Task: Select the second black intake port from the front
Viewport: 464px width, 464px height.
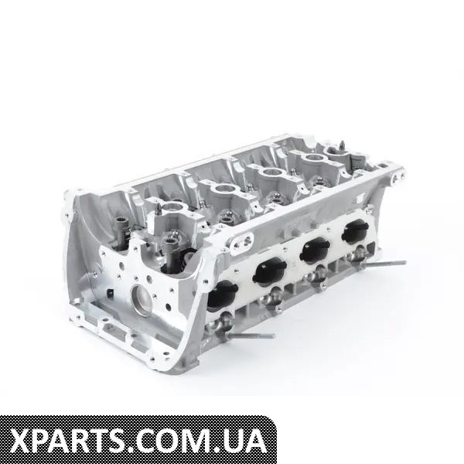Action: pos(270,270)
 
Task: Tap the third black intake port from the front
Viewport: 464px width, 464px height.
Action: pos(315,248)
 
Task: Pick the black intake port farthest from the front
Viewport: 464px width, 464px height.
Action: pos(355,230)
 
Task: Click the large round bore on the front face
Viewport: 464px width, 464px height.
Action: pos(143,299)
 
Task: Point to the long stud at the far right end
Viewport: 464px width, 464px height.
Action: pos(384,263)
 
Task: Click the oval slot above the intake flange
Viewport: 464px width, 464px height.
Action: pos(244,241)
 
